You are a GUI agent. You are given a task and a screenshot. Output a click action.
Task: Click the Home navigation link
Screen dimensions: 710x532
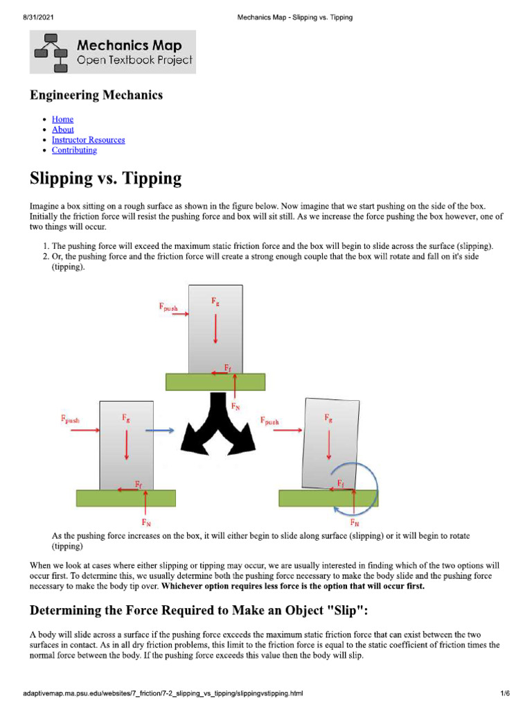62,119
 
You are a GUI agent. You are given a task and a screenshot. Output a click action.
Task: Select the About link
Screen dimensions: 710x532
62,130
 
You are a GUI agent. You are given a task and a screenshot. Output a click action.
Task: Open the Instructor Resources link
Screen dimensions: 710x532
88,140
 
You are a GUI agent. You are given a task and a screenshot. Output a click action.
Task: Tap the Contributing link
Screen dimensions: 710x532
74,150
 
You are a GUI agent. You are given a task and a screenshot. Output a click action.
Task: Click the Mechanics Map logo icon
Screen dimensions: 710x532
51,51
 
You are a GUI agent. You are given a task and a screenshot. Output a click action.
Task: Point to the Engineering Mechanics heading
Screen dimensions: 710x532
96,95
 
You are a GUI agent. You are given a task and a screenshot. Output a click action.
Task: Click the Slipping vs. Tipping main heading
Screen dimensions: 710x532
105,179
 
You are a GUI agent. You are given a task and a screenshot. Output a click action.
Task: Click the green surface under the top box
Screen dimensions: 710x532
215,381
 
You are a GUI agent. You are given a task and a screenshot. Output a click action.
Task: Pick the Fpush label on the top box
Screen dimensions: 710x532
168,306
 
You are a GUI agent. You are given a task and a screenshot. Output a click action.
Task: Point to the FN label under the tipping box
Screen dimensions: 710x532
355,522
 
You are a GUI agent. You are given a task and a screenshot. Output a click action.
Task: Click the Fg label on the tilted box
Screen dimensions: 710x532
328,418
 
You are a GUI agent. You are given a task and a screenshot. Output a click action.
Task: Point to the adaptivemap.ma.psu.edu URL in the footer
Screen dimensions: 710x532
163,693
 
